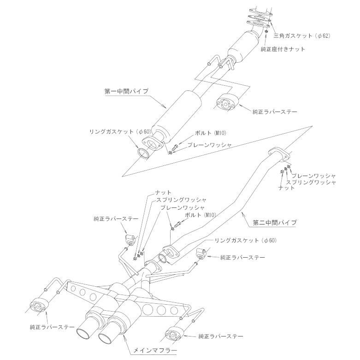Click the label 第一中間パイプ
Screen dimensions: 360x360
tap(126, 91)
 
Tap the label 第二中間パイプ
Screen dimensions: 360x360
tap(275, 223)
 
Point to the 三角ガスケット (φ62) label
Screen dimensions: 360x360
tap(302, 35)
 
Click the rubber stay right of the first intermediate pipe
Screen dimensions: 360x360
tap(226, 102)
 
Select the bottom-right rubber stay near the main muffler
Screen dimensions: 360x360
tap(174, 334)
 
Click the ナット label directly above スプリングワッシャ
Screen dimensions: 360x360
tap(164, 192)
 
